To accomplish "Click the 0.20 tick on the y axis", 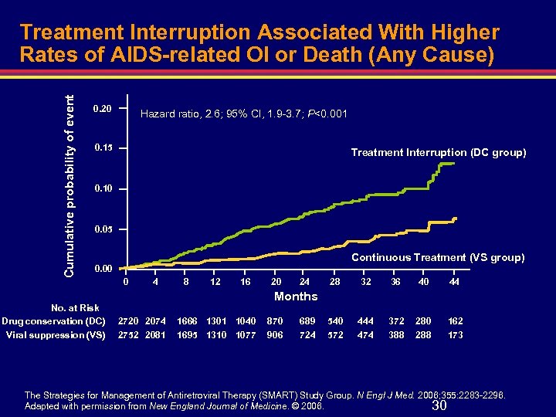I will (102, 108).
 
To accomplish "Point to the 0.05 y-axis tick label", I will (102, 229).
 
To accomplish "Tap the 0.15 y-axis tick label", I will (102, 147).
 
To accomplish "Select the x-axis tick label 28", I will (335, 283).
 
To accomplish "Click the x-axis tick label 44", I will (455, 283).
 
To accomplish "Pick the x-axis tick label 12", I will (215, 283).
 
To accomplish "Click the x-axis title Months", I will (296, 297).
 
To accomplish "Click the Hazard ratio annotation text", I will (243, 115).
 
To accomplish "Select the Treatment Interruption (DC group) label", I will (438, 153).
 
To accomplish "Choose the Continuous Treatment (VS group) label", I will (438, 257).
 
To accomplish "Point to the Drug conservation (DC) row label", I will (54, 320).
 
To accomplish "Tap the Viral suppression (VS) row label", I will (56, 335).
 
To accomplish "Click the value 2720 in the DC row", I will (129, 320).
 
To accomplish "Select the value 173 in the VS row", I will (455, 335).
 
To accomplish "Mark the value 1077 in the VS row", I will (246, 335).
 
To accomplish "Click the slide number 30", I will (439, 406).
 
